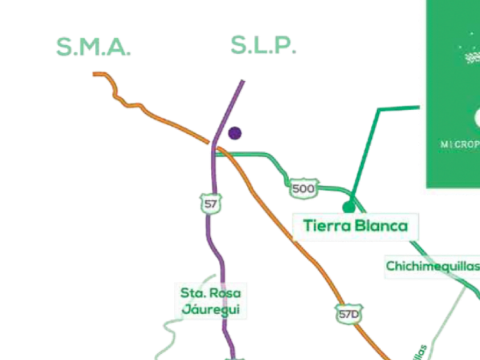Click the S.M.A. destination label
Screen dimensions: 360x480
click(93, 47)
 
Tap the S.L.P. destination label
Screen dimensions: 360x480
click(263, 46)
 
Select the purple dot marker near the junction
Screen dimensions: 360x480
click(234, 133)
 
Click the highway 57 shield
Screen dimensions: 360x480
click(211, 202)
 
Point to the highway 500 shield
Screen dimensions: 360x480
click(303, 189)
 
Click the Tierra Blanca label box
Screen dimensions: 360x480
click(355, 226)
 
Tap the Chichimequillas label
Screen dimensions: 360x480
click(432, 266)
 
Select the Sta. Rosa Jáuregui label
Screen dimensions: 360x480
click(211, 302)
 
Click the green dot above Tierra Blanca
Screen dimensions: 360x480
click(348, 206)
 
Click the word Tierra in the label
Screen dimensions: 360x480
click(326, 226)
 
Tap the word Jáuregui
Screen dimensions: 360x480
click(211, 310)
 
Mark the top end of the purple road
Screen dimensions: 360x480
click(244, 81)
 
